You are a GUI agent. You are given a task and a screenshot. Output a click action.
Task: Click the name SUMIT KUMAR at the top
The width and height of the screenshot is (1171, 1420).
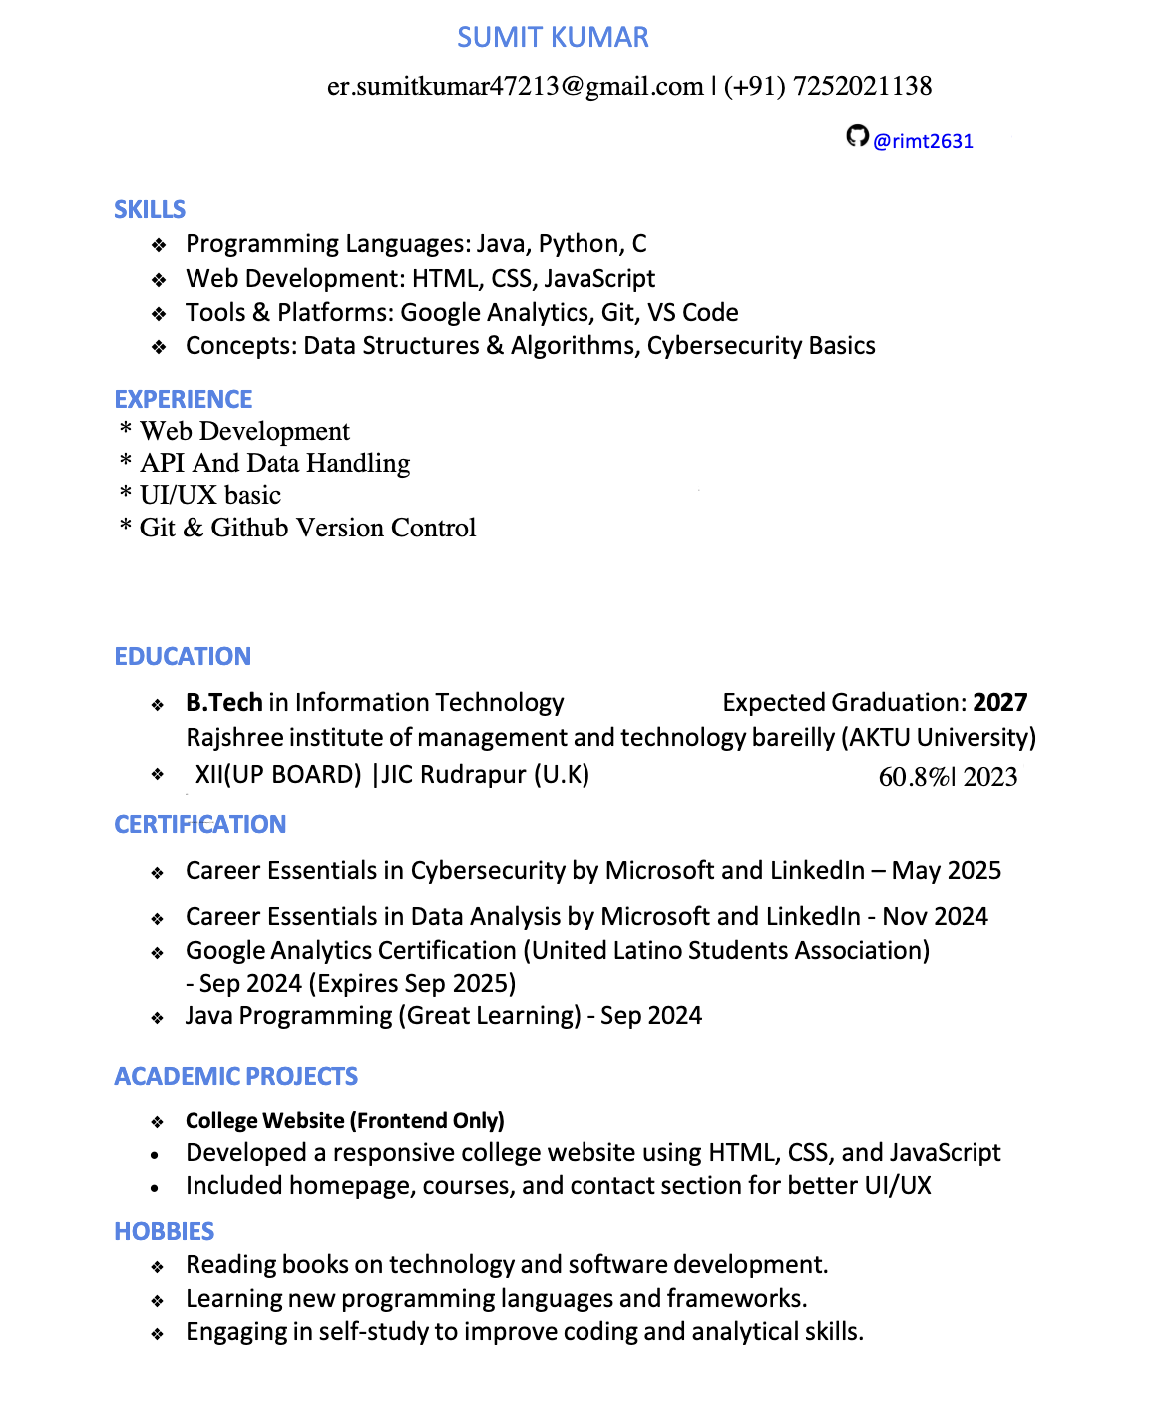point(553,38)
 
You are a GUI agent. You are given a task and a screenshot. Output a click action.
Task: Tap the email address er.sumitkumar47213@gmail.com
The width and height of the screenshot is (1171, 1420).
point(515,87)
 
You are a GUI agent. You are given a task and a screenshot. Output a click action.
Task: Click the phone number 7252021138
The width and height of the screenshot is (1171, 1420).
point(862,87)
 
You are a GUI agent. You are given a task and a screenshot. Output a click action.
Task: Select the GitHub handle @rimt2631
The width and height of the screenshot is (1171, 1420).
point(923,141)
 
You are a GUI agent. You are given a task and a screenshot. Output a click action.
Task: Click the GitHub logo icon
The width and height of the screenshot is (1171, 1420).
point(857,136)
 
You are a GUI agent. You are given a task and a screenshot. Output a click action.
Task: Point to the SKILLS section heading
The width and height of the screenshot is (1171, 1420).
point(150,210)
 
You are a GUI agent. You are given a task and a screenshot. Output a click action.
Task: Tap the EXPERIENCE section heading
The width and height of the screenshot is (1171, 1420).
point(184,400)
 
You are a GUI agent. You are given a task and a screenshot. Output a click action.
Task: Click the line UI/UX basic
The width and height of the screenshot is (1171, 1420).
point(209,496)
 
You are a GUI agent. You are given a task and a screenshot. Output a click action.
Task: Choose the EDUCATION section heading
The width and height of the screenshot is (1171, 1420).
point(183,657)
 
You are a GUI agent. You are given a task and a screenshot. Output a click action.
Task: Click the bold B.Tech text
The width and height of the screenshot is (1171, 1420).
point(223,703)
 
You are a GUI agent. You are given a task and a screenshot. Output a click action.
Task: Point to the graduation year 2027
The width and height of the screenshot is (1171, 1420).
point(999,703)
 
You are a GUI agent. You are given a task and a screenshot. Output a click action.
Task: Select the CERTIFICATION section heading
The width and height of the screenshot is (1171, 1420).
point(199,825)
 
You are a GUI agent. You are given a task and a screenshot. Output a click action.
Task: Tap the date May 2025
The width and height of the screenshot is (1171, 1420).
point(946,871)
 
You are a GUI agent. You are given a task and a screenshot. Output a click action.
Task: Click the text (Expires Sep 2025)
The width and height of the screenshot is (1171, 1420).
point(412,984)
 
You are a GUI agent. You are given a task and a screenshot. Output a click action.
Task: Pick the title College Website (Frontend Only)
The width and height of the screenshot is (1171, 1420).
point(345,1121)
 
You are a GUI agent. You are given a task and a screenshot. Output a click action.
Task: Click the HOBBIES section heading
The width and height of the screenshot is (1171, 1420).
point(165,1232)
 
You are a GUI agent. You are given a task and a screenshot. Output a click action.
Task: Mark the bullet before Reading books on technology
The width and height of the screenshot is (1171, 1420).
point(158,1267)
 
